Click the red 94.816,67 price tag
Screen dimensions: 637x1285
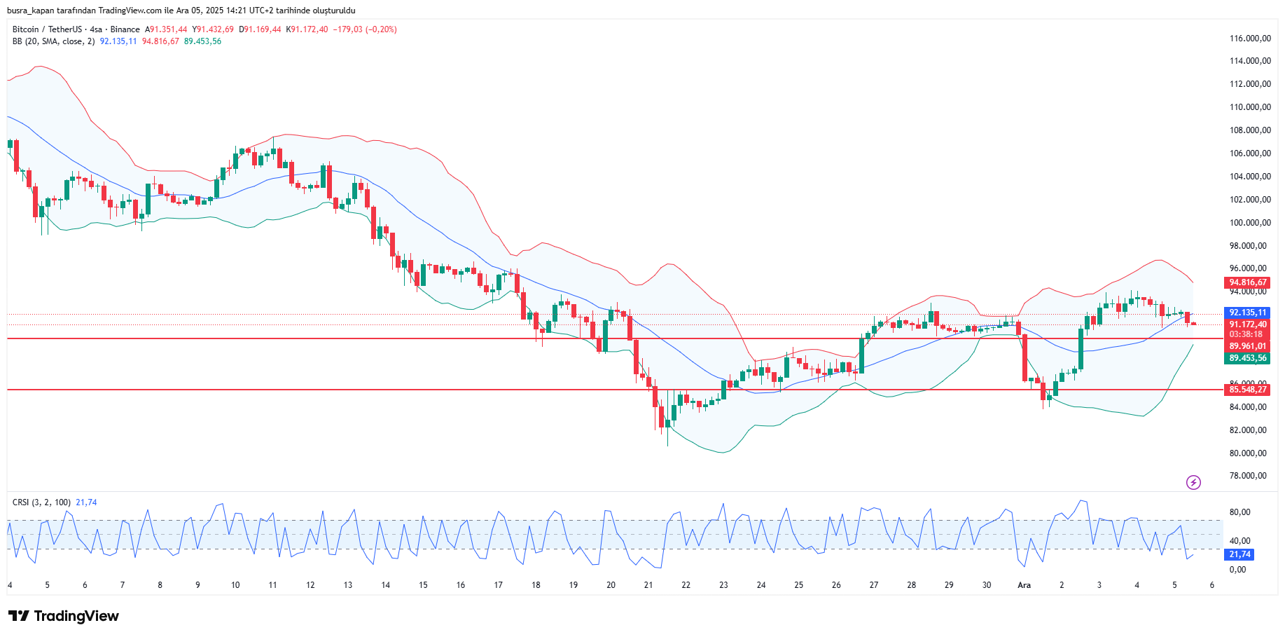pyautogui.click(x=1247, y=282)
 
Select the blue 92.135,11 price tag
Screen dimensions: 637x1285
pyautogui.click(x=1247, y=313)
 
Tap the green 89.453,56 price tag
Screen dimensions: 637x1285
pyautogui.click(x=1247, y=358)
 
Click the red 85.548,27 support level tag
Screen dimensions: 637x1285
pyautogui.click(x=1247, y=390)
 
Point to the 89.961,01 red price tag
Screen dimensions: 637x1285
pyautogui.click(x=1247, y=346)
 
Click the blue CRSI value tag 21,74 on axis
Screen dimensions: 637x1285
pyautogui.click(x=1239, y=554)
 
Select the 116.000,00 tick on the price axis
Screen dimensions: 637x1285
pyautogui.click(x=1250, y=39)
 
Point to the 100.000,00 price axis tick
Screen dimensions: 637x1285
pyautogui.click(x=1250, y=223)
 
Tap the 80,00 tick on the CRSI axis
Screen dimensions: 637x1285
pyautogui.click(x=1239, y=512)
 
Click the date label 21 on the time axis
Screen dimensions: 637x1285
pyautogui.click(x=648, y=585)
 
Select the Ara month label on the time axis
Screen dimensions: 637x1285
pyautogui.click(x=1024, y=585)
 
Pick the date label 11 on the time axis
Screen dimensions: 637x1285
pyautogui.click(x=272, y=585)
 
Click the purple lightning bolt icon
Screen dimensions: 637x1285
pyautogui.click(x=1193, y=482)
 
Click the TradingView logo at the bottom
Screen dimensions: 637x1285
pyautogui.click(x=64, y=616)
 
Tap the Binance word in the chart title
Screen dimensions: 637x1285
pyautogui.click(x=125, y=29)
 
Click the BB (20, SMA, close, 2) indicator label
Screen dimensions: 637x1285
pyautogui.click(x=53, y=41)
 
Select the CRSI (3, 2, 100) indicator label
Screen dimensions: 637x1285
pyautogui.click(x=41, y=502)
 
